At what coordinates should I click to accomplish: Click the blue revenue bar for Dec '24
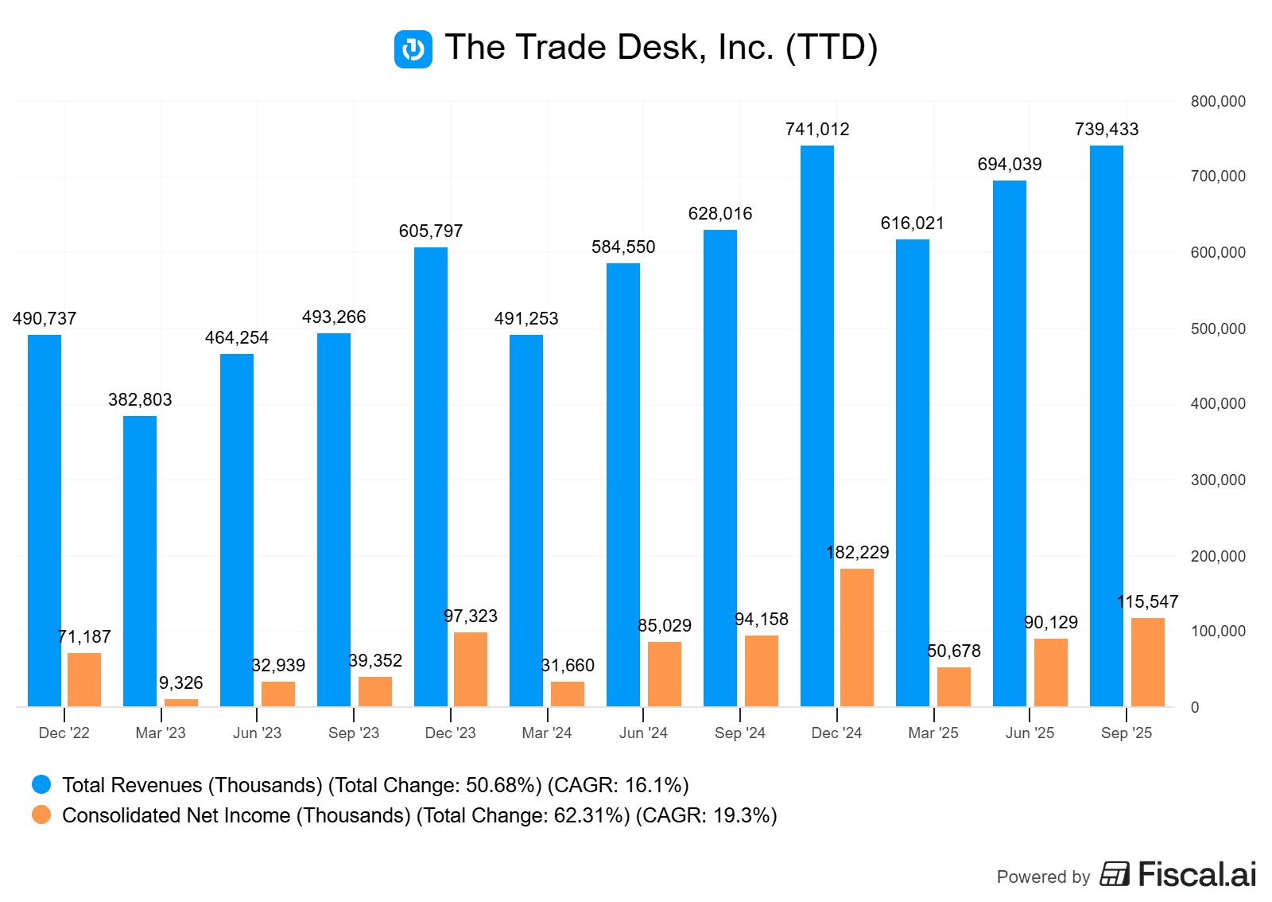[816, 426]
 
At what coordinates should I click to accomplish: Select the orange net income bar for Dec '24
[857, 637]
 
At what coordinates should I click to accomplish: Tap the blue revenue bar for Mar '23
[140, 561]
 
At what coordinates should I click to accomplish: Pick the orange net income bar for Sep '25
[1147, 662]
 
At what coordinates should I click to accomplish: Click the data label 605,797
[431, 231]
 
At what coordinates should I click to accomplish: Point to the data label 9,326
[180, 683]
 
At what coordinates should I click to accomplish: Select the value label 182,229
[857, 553]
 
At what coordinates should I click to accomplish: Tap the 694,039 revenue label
[1010, 165]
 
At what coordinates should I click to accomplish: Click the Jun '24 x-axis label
[643, 733]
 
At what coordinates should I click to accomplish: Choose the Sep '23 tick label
[354, 733]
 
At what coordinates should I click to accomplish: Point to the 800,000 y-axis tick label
[1218, 102]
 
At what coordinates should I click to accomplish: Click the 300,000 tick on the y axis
[1218, 480]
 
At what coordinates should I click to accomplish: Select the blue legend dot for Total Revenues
[41, 785]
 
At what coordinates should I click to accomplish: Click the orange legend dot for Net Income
[41, 815]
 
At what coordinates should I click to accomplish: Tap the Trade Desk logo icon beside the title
[413, 49]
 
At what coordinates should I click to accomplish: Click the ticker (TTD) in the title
[832, 48]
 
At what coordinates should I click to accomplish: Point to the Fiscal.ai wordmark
[1196, 874]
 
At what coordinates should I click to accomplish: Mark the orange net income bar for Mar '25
[953, 686]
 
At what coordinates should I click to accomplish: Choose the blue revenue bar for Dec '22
[45, 520]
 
